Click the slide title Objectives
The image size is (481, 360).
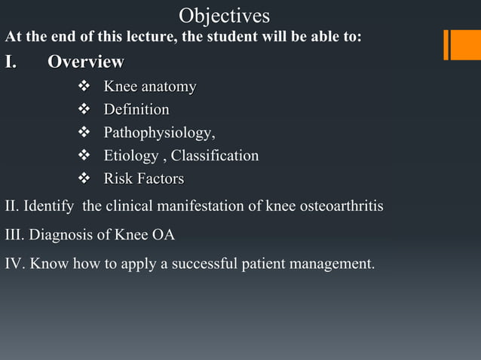(x=224, y=15)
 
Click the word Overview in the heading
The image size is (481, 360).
(x=86, y=62)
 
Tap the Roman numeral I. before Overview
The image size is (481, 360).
(x=13, y=62)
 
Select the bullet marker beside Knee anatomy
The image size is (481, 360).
(x=84, y=87)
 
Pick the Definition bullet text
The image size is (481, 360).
(x=136, y=111)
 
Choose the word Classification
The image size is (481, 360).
(x=215, y=156)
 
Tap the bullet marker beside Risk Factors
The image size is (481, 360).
(x=84, y=179)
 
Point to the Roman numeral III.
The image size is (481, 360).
(x=14, y=235)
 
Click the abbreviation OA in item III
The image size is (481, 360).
(x=164, y=235)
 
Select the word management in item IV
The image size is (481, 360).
(x=333, y=264)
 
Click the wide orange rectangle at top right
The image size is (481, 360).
(x=464, y=44)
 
